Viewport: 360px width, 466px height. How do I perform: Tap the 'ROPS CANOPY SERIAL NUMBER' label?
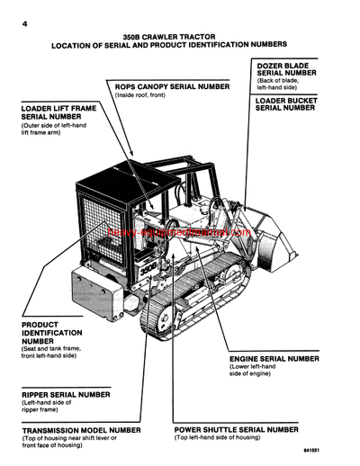click(171, 86)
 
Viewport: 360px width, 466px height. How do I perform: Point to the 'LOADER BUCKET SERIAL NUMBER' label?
click(285, 103)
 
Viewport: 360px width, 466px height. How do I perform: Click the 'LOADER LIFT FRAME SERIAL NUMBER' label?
click(55, 112)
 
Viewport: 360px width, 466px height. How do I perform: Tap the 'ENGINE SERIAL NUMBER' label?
click(274, 358)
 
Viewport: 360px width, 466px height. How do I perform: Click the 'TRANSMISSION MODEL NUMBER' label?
click(81, 430)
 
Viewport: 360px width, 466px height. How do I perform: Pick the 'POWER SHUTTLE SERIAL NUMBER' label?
click(236, 430)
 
